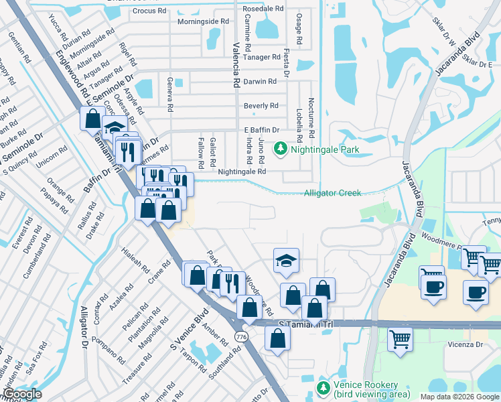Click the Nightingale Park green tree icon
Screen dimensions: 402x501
click(x=282, y=149)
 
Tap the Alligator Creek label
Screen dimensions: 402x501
click(x=332, y=193)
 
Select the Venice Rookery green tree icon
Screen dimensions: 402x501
click(x=324, y=388)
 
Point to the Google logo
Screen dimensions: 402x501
click(x=22, y=394)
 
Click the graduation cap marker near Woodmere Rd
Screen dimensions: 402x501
click(x=286, y=261)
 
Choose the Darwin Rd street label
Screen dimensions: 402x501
click(x=261, y=82)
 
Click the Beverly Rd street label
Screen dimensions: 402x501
click(x=261, y=106)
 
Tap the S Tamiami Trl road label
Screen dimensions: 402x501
click(x=305, y=324)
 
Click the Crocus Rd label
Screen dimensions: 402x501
click(x=149, y=11)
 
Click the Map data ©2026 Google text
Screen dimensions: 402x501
click(x=459, y=397)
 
